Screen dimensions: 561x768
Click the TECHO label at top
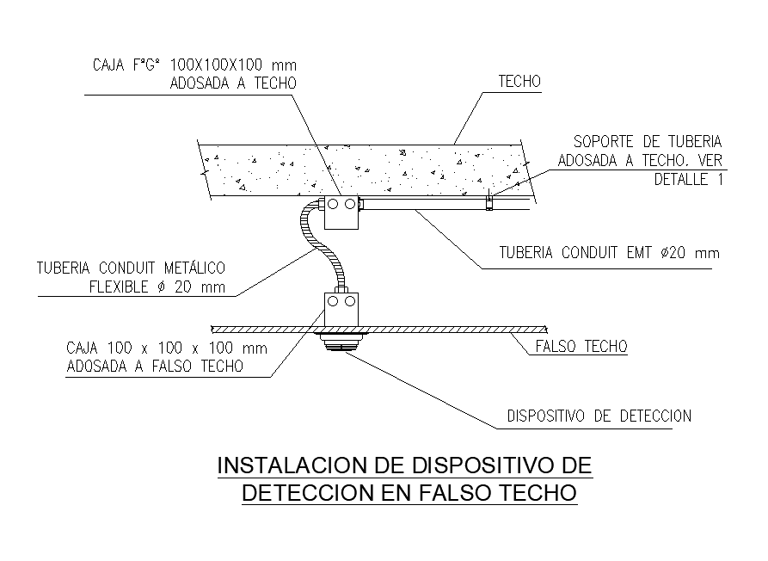(519, 83)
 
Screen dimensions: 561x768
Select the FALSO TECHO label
(581, 347)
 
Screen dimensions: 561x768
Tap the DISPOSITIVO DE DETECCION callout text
(599, 416)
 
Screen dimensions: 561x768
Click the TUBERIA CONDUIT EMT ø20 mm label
(609, 253)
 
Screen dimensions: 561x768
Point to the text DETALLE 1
(689, 180)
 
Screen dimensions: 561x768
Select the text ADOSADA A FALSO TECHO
(154, 366)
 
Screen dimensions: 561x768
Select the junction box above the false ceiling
(341, 308)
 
